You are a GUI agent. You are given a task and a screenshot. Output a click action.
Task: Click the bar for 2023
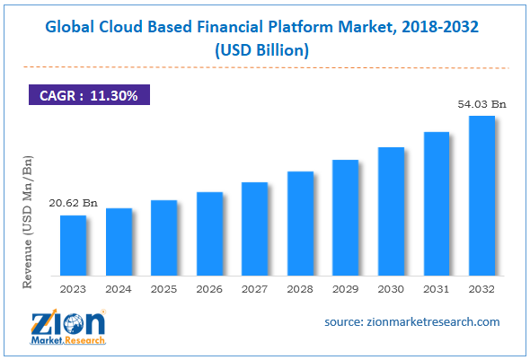pyautogui.click(x=74, y=244)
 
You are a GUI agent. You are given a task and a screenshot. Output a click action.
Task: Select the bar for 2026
pyautogui.click(x=209, y=233)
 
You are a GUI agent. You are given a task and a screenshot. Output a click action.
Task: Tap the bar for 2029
pyautogui.click(x=345, y=216)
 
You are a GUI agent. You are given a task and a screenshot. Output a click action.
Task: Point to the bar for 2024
pyautogui.click(x=119, y=241)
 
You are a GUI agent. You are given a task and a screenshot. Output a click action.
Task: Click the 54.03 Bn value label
pyautogui.click(x=481, y=105)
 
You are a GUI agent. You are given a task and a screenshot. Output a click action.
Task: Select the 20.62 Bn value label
pyautogui.click(x=74, y=205)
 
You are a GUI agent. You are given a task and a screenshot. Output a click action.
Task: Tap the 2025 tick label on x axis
pyautogui.click(x=164, y=288)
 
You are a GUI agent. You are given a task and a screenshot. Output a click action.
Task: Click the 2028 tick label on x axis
pyautogui.click(x=300, y=288)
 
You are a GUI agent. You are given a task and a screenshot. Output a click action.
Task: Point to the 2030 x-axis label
pyautogui.click(x=391, y=288)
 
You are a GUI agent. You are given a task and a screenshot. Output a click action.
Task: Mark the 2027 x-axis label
pyautogui.click(x=255, y=288)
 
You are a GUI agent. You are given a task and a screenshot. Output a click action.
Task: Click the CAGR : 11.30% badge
pyautogui.click(x=88, y=94)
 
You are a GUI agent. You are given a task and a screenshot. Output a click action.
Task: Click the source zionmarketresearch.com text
pyautogui.click(x=411, y=321)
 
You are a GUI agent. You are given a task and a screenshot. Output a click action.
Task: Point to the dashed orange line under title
pyautogui.click(x=264, y=68)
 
